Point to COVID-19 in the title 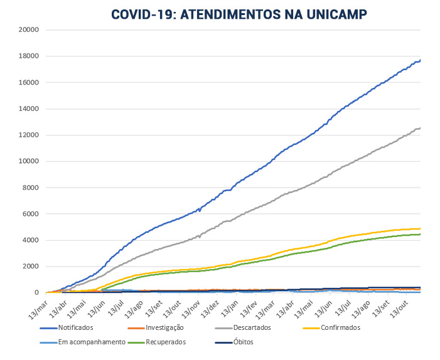(x=142, y=14)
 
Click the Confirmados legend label (x=340, y=327)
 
